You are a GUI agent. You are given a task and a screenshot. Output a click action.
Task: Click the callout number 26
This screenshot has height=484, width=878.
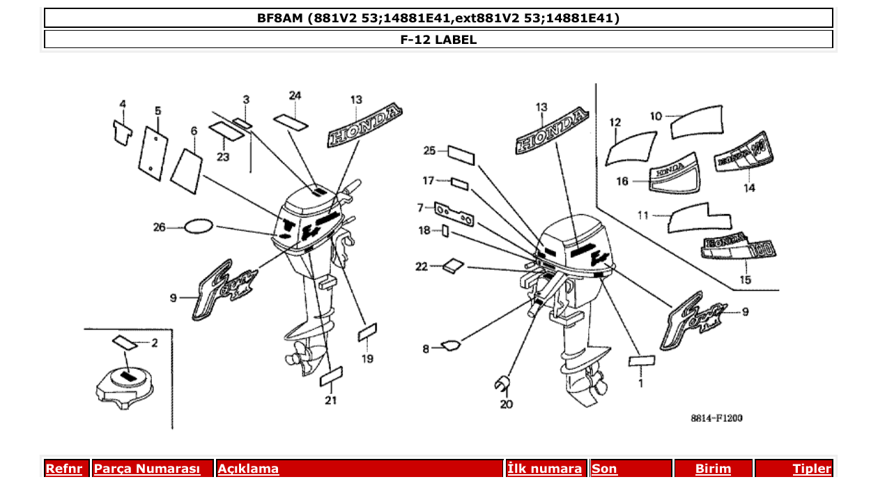coord(160,227)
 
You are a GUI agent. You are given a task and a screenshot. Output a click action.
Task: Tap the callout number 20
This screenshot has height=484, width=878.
coord(507,404)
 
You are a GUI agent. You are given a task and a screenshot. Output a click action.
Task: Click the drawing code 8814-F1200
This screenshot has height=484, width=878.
coord(716,418)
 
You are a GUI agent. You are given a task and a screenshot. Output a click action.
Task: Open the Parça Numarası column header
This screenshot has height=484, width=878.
coord(147,469)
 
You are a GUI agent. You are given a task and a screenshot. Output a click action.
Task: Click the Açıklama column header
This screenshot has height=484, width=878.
coord(248,469)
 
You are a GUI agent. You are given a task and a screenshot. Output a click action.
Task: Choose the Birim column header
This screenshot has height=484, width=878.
coord(713,469)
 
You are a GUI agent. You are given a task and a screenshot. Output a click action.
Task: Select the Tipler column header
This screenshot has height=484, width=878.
coord(811,469)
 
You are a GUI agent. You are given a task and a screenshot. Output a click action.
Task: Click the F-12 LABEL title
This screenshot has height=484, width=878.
coord(438,40)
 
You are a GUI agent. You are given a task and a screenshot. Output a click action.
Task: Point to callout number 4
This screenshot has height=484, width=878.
coord(123,105)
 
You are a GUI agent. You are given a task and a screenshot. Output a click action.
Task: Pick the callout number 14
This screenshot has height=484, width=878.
coord(748,188)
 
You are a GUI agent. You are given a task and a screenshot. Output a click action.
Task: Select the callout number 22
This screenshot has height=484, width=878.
coord(422,266)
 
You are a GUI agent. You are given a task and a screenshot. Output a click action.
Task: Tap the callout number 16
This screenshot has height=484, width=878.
coord(622,181)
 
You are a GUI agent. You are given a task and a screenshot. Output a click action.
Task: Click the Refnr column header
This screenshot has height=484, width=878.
coord(63,469)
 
